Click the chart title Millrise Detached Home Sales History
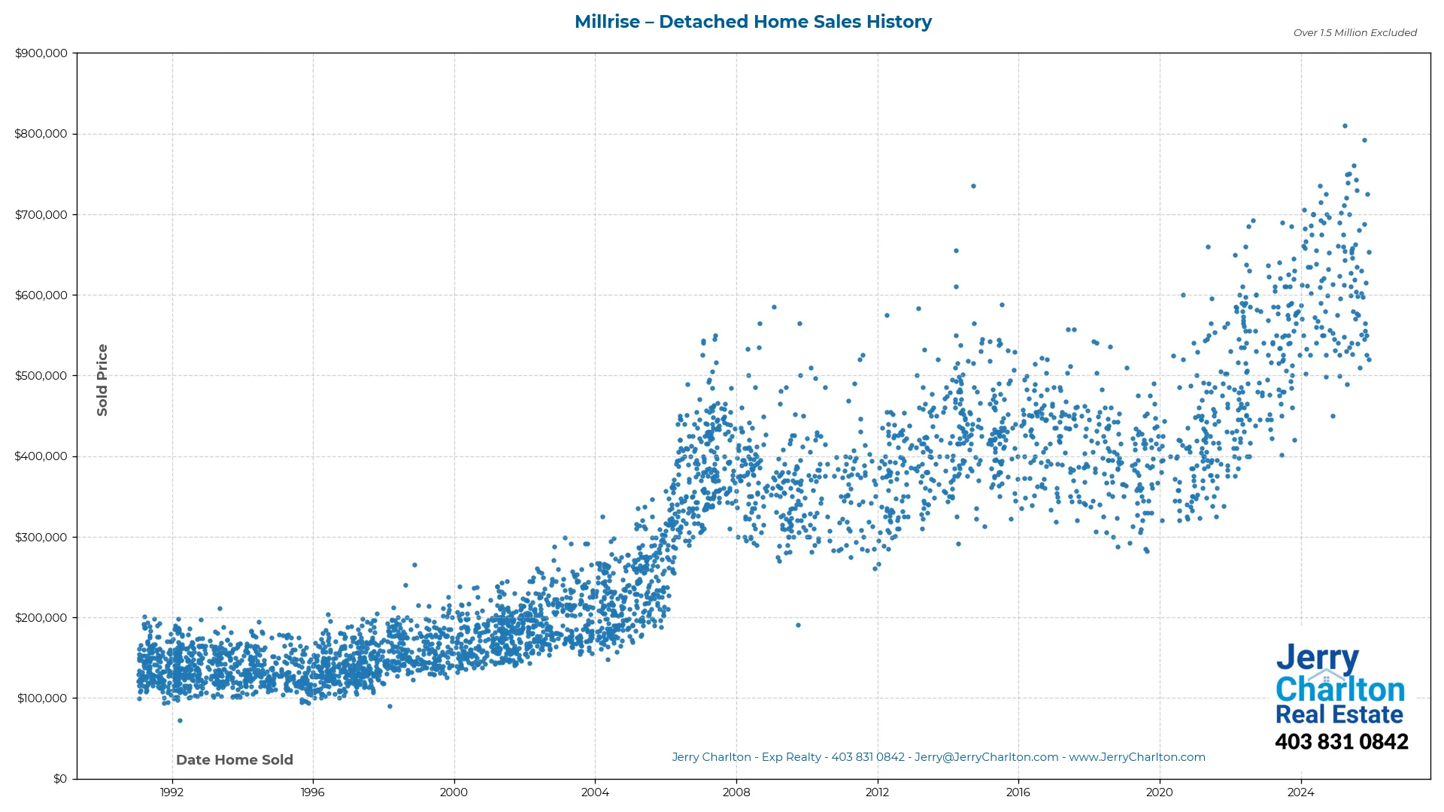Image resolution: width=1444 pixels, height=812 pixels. pos(753,22)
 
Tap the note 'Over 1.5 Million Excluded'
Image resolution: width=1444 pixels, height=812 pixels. pos(1355,33)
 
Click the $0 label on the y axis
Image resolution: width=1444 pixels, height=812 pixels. pos(59,779)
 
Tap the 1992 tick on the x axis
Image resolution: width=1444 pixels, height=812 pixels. pos(172,792)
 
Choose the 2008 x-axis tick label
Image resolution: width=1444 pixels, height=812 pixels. pos(736,792)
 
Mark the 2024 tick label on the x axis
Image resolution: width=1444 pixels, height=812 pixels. pos(1300,792)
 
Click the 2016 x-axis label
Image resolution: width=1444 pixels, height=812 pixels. pos(1018,792)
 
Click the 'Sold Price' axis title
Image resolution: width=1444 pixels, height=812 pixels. pos(102,380)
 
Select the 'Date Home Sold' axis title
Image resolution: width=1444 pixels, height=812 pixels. pos(235,760)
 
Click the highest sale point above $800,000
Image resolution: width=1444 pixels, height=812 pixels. pos(1345,126)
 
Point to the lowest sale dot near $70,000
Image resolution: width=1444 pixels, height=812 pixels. pos(180,721)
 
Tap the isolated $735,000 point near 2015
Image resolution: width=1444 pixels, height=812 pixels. pos(973,186)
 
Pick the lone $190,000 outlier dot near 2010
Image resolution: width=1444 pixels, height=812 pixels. pos(798,626)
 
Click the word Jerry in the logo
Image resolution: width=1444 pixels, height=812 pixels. pos(1317,659)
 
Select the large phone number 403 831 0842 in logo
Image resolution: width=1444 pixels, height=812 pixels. pos(1341,742)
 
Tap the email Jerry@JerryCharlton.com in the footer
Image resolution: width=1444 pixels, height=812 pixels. pos(986,758)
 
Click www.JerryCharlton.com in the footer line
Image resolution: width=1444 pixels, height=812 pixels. pos(1136,758)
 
